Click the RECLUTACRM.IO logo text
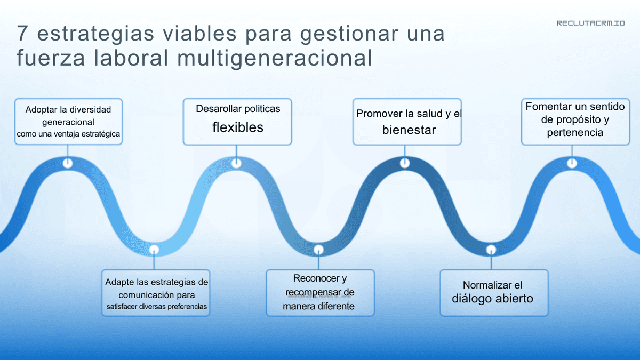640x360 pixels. coord(590,23)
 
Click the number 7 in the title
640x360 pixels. coord(22,34)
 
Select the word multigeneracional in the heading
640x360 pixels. coord(274,58)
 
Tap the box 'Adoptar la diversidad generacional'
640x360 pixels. coord(68,122)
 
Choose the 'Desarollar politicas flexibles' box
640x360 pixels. coord(237,122)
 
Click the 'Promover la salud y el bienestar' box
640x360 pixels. coord(407,122)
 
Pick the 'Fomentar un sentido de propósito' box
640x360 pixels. coord(575,121)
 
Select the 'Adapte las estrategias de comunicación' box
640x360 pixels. coord(156,293)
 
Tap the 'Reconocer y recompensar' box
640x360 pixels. coord(320,293)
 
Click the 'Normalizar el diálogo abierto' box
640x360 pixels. coord(493,293)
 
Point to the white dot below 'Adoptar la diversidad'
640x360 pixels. coord(68,163)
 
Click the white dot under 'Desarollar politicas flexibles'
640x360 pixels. coord(236,163)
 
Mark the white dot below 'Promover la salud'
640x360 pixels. coord(405,163)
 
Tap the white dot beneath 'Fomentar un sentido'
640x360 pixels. coord(572,163)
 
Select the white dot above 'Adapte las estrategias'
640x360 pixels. coord(154,249)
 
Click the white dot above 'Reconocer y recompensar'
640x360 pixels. coord(318,249)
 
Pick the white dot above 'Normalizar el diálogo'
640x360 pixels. coord(491,249)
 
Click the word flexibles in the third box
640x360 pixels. coord(238,127)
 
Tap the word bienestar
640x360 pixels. coord(409,130)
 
